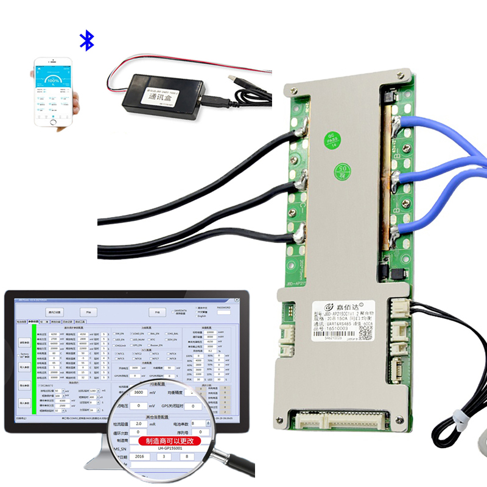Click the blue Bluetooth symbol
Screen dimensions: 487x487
pos(88,41)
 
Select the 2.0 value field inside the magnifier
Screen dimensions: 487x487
pos(139,422)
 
